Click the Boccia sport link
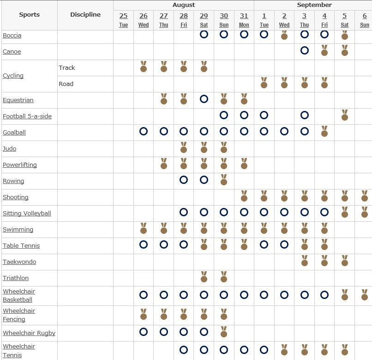(x=12, y=36)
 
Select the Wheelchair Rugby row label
(x=29, y=333)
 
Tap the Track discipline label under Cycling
(x=66, y=68)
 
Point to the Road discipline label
(x=66, y=84)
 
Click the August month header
(x=184, y=5)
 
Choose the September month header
(x=314, y=5)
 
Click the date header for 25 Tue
(x=123, y=20)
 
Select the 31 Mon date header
(x=244, y=20)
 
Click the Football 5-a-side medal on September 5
(x=345, y=115)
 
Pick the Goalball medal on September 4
(x=324, y=131)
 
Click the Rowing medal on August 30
(x=224, y=180)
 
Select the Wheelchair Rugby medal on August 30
(x=224, y=332)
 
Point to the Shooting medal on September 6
(x=365, y=196)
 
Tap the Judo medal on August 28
(x=184, y=147)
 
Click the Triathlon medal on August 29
(x=204, y=277)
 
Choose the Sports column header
(x=30, y=14)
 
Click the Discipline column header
(x=85, y=14)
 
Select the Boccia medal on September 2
(x=284, y=35)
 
